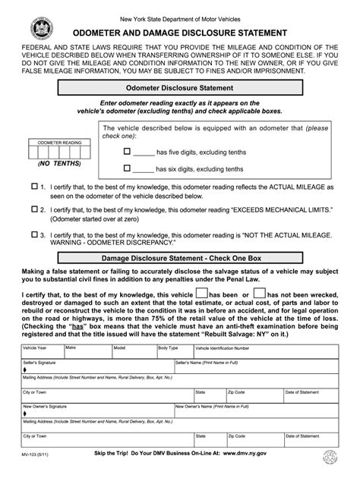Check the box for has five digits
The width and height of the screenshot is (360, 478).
click(128, 152)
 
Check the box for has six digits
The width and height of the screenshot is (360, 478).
click(128, 168)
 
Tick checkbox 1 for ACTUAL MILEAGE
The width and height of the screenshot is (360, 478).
click(34, 186)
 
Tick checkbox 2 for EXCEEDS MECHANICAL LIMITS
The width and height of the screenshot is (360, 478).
click(34, 207)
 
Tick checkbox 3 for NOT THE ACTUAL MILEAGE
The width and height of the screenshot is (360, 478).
click(34, 234)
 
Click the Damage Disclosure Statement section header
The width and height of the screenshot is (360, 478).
click(179, 259)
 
